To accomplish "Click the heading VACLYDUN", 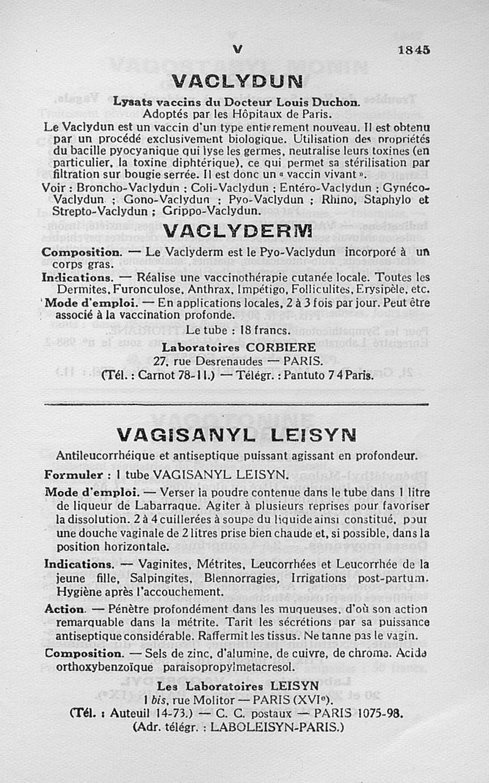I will pos(238,81).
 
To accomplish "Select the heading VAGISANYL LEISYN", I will pos(237,436).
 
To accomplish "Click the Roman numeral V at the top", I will pos(238,50).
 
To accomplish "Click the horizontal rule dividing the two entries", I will pos(237,404).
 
